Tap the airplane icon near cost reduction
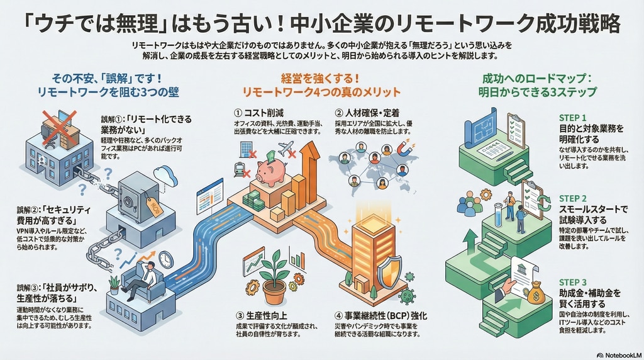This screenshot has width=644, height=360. pyautogui.click(x=286, y=149)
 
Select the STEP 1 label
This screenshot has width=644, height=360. pyautogui.click(x=572, y=118)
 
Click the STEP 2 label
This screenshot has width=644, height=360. pyautogui.click(x=572, y=198)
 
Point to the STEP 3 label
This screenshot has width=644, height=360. pyautogui.click(x=572, y=282)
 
